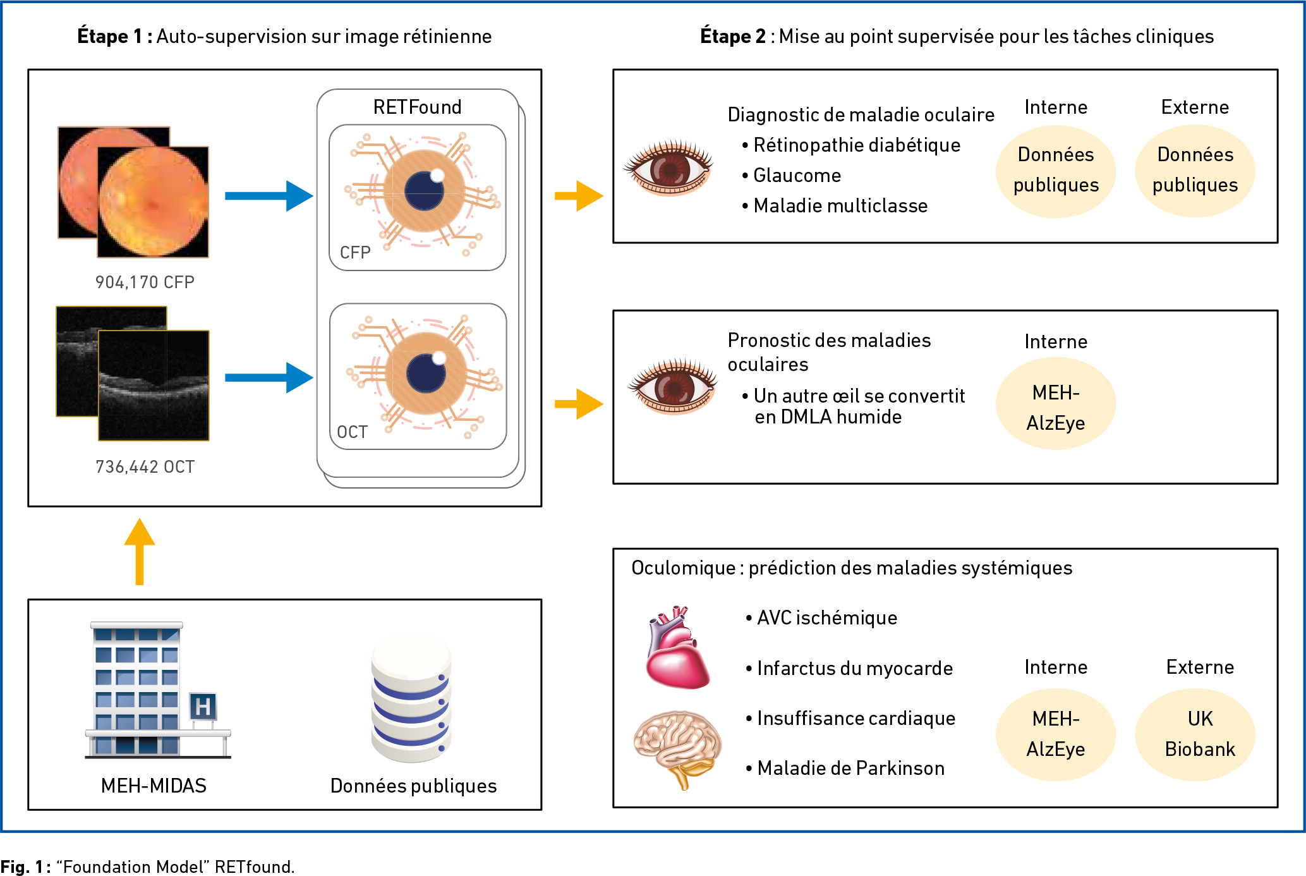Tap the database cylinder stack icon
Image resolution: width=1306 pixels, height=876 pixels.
tap(411, 699)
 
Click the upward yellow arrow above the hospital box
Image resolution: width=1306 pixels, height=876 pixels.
tap(140, 552)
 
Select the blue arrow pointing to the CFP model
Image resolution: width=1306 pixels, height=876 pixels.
tap(269, 196)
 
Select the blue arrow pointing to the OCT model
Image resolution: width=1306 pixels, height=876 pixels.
tap(269, 378)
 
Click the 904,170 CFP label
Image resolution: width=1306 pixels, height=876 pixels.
tap(145, 283)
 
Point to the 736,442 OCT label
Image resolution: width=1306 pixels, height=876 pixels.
tap(145, 467)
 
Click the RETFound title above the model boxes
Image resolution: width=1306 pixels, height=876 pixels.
tap(417, 107)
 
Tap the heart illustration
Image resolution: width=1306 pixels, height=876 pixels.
tap(676, 647)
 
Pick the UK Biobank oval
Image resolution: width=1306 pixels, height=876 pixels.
tap(1195, 734)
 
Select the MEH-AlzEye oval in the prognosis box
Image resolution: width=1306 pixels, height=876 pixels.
tap(1056, 404)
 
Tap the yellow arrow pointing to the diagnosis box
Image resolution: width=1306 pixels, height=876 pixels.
tap(579, 196)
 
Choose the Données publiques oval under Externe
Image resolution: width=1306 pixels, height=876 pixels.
tap(1195, 171)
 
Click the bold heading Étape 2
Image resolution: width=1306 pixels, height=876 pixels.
tap(733, 36)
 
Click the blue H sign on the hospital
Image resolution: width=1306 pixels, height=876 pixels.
tap(203, 706)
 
